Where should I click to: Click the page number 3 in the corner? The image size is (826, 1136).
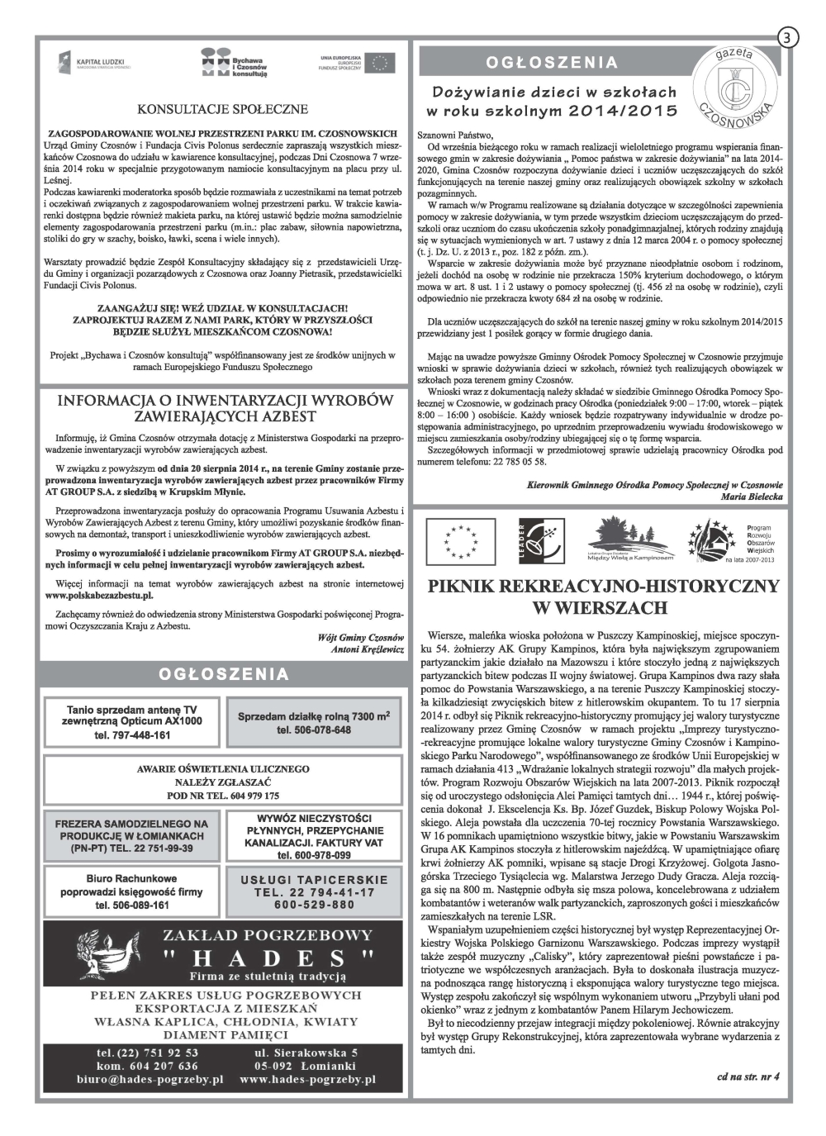tap(787, 38)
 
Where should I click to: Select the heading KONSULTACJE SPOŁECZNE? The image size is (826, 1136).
tap(223, 109)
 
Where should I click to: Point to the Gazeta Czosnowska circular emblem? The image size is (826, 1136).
tap(733, 86)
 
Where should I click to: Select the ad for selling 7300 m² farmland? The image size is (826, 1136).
tap(314, 722)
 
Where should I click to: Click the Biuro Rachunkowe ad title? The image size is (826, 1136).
tap(131, 878)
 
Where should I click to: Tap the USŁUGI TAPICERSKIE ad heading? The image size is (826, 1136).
tap(315, 880)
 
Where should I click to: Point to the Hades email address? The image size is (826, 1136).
tap(149, 1079)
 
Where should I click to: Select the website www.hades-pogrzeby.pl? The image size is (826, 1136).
tap(307, 1079)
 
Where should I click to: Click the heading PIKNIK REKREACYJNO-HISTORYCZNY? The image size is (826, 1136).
tap(603, 587)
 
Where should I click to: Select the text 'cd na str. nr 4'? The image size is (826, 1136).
tap(747, 1076)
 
